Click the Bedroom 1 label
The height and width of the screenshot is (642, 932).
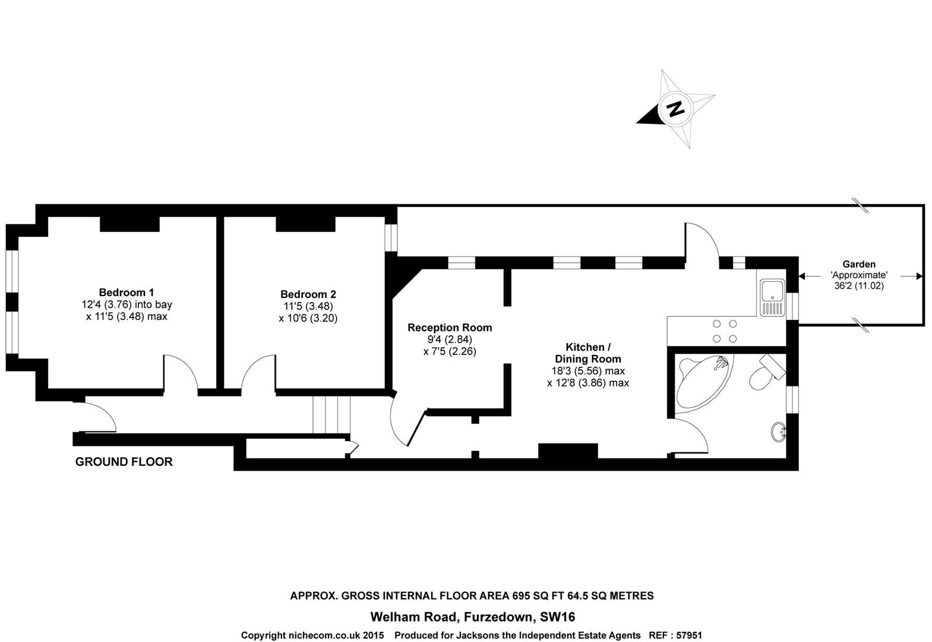pyautogui.click(x=127, y=292)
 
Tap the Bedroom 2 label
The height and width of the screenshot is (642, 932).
pyautogui.click(x=308, y=294)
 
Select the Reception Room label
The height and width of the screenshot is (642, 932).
pyautogui.click(x=450, y=328)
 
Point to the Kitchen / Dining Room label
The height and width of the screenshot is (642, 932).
pyautogui.click(x=588, y=353)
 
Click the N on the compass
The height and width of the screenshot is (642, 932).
pyautogui.click(x=675, y=109)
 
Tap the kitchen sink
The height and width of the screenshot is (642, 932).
pyautogui.click(x=772, y=297)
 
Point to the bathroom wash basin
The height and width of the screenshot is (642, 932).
pyautogui.click(x=778, y=432)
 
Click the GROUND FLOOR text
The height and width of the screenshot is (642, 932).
pyautogui.click(x=124, y=462)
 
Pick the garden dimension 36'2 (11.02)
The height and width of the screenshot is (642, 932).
pyautogui.click(x=859, y=286)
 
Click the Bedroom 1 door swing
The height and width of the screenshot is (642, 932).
pyautogui.click(x=180, y=373)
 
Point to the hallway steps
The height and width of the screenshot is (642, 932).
pyautogui.click(x=331, y=415)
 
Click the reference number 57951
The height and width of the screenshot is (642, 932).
pyautogui.click(x=689, y=635)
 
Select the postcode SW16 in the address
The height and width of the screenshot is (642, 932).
pyautogui.click(x=557, y=616)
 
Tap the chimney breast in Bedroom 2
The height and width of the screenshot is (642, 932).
pyautogui.click(x=305, y=224)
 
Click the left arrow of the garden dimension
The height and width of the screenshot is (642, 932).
pyautogui.click(x=809, y=276)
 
